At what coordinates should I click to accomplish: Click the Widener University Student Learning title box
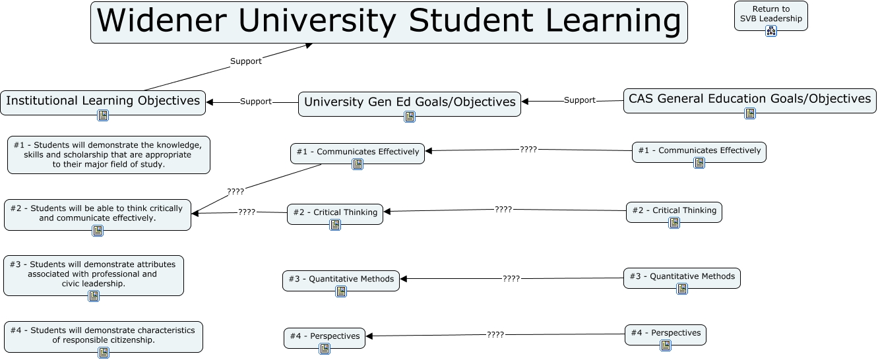tap(389, 22)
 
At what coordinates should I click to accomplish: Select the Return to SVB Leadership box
tap(770, 14)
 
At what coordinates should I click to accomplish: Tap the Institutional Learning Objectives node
tap(103, 101)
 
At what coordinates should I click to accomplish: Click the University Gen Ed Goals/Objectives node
tap(409, 102)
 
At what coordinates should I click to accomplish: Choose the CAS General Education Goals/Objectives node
tap(749, 99)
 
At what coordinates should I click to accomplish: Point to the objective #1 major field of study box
tap(108, 155)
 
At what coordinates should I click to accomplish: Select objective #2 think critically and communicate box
tap(97, 212)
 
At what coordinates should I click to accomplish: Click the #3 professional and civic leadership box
tap(93, 274)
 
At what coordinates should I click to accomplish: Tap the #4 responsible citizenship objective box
tap(103, 335)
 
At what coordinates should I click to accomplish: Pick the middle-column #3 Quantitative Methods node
tap(340, 279)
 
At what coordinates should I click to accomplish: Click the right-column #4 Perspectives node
tap(665, 333)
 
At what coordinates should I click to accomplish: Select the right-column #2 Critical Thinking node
tap(674, 210)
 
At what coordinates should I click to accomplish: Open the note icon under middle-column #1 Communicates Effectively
tap(358, 164)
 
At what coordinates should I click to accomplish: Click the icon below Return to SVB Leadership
tap(770, 30)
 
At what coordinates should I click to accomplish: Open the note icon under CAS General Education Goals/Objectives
tap(750, 113)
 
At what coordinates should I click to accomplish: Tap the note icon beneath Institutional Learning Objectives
tap(103, 115)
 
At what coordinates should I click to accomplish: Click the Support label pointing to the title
tap(245, 61)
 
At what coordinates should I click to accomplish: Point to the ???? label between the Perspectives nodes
tap(495, 335)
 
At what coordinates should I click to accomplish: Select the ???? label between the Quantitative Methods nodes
tap(511, 279)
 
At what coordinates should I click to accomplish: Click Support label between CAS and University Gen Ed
tap(580, 100)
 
